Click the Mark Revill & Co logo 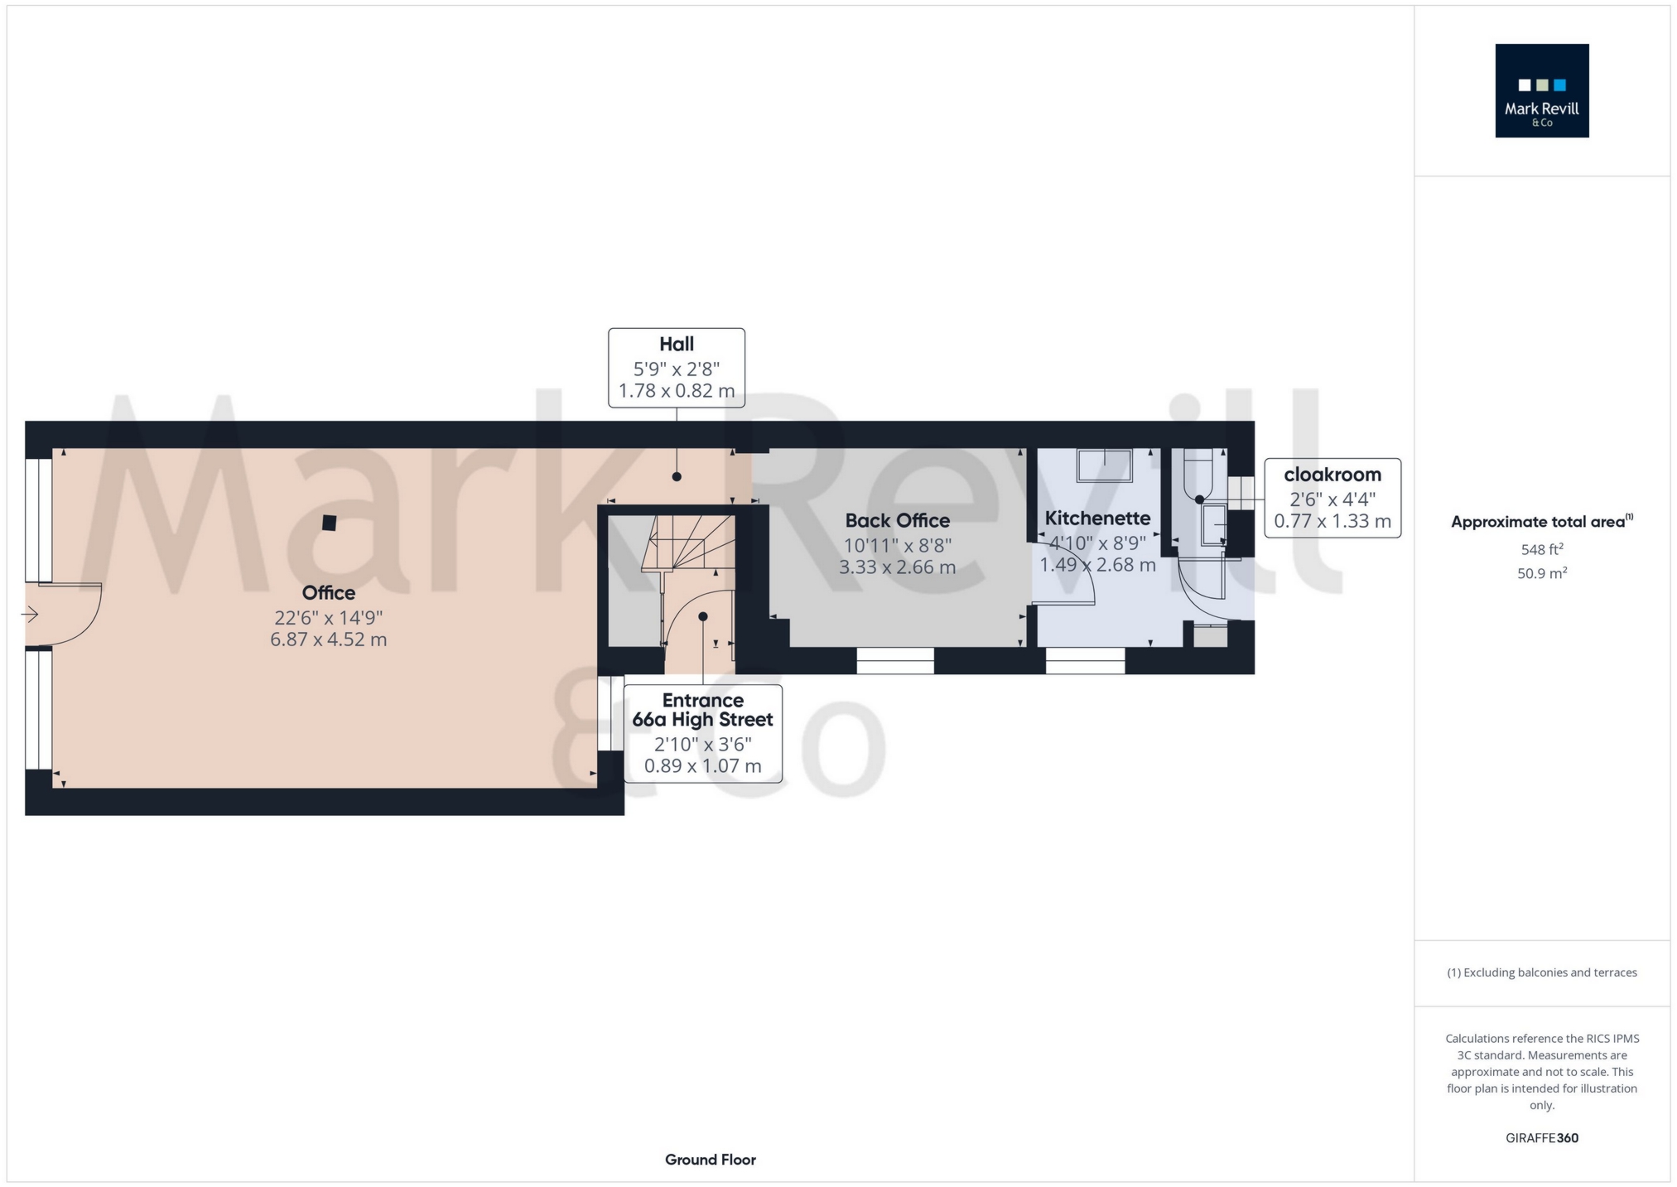point(1541,90)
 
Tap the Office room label point(329,593)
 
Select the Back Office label point(898,521)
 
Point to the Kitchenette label point(1097,519)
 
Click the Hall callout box point(677,368)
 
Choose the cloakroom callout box point(1332,498)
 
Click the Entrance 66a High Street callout point(703,734)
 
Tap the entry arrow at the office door point(30,615)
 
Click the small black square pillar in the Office point(330,523)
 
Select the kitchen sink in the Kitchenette point(1104,466)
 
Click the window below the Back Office point(895,661)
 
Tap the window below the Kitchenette point(1085,661)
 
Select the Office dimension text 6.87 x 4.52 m point(329,639)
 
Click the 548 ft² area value point(1542,549)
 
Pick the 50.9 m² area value point(1542,573)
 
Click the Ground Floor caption point(711,1160)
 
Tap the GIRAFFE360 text point(1542,1138)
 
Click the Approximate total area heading point(1542,522)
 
